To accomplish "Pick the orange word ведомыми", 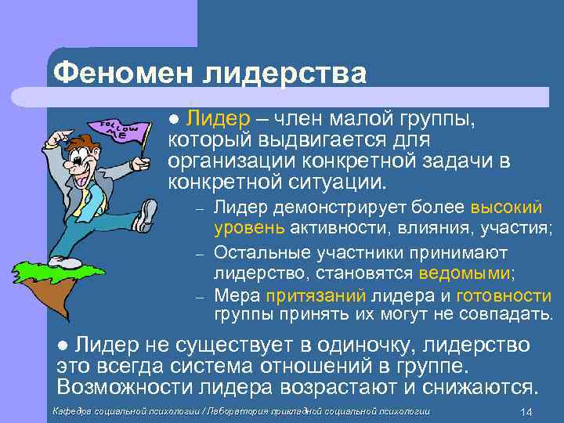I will pos(465,273).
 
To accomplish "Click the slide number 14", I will pos(526,413).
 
